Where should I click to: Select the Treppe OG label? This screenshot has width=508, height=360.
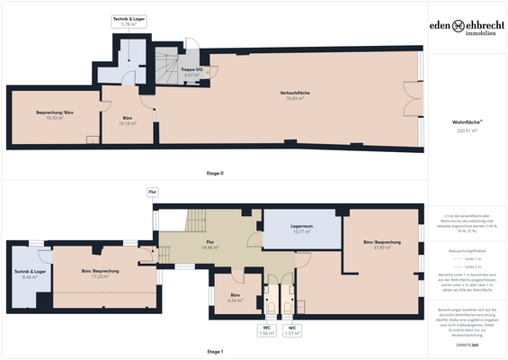point(192,71)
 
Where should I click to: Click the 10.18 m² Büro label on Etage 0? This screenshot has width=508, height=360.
point(129,121)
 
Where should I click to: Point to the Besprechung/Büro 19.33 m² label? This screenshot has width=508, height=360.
point(54,115)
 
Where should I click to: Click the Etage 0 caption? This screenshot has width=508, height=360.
point(215,171)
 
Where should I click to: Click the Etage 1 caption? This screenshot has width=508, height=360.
point(215,352)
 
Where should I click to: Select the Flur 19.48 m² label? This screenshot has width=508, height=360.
point(209,245)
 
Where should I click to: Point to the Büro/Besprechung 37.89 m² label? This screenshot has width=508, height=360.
point(383,246)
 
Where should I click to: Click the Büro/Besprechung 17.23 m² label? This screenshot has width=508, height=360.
point(100,274)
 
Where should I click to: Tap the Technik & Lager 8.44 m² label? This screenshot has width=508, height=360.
point(30,274)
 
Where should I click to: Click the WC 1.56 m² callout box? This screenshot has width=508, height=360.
point(266,330)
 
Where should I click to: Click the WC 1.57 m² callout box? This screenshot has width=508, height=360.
point(291,330)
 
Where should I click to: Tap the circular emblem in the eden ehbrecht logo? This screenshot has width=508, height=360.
point(459,27)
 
